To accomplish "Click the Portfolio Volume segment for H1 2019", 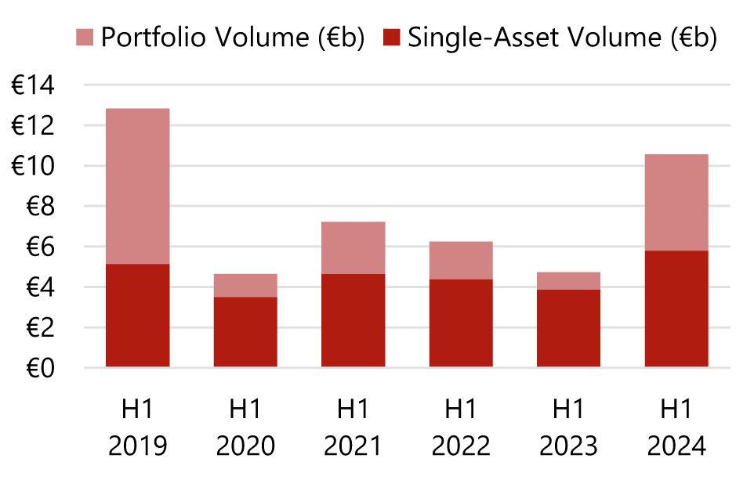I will click(138, 186).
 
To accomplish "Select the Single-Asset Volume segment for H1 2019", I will click(138, 316).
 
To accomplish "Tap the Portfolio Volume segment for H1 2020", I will click(245, 286).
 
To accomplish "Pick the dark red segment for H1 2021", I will click(353, 320).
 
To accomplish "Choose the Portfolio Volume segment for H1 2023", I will click(568, 281).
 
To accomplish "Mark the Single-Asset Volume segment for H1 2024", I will click(676, 309).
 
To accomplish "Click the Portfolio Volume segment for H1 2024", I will click(676, 203).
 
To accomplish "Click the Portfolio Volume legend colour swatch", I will click(85, 37).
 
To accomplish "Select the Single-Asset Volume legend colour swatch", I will click(392, 37).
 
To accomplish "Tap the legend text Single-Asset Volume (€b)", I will click(561, 37).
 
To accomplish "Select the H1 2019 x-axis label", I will click(138, 428).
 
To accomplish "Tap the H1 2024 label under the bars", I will click(676, 428).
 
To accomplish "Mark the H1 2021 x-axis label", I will click(353, 428).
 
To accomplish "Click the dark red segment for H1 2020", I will click(245, 332).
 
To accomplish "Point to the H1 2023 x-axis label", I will click(568, 428).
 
